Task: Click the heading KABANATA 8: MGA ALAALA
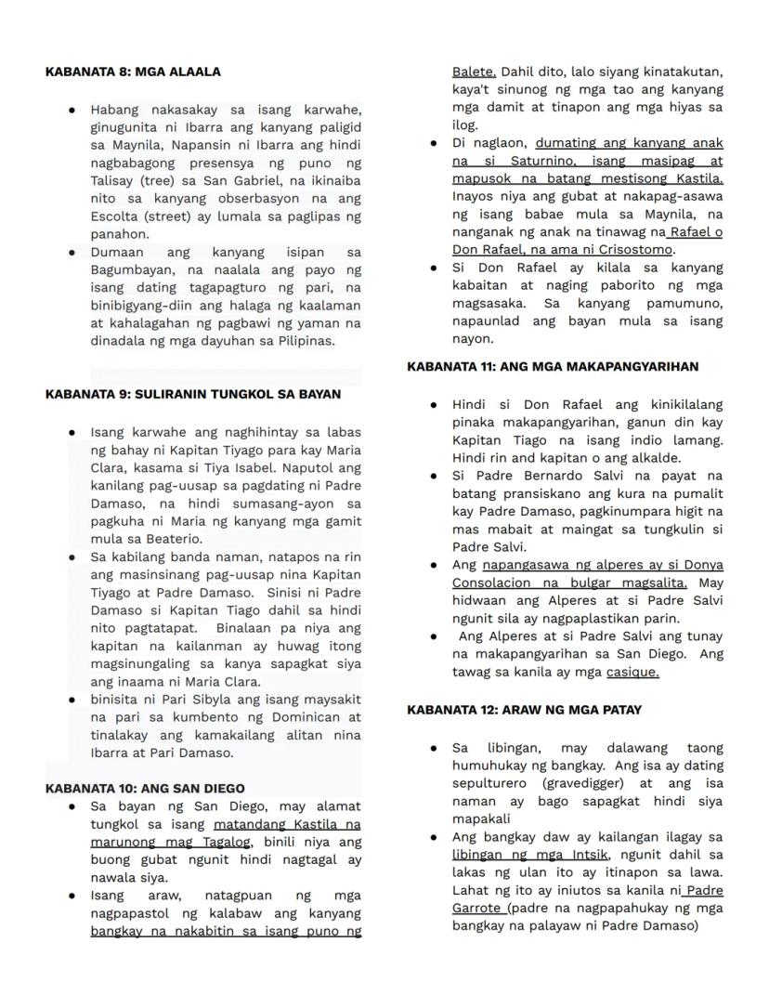point(133,72)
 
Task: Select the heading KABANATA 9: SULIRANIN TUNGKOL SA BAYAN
point(192,394)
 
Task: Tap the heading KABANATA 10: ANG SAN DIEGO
point(145,788)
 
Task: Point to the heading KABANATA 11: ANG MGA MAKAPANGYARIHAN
point(553,367)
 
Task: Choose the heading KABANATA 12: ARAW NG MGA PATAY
point(524,710)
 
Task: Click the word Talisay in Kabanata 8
point(114,181)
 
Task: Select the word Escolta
point(113,216)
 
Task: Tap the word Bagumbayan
point(130,269)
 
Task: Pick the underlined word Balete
point(474,72)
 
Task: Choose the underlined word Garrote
point(478,908)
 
